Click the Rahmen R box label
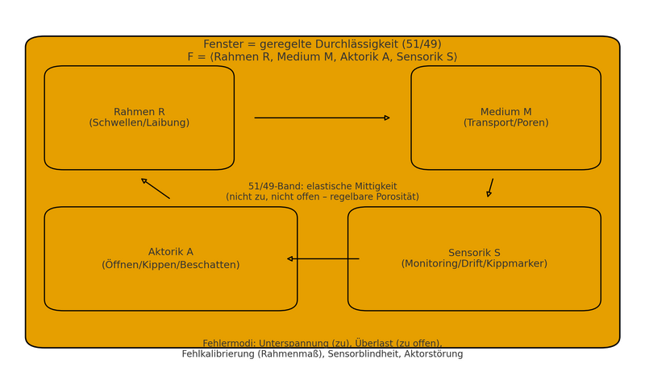139,112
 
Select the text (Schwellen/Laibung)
139,123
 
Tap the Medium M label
506,112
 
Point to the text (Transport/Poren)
506,123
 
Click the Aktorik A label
171,252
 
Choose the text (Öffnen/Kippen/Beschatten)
171,264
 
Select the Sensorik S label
474,253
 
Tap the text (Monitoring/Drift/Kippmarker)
474,264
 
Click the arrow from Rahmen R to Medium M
322,118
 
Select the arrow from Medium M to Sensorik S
490,188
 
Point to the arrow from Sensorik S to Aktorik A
323,259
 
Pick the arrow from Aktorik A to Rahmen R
156,189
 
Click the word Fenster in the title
223,44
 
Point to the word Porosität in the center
394,197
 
